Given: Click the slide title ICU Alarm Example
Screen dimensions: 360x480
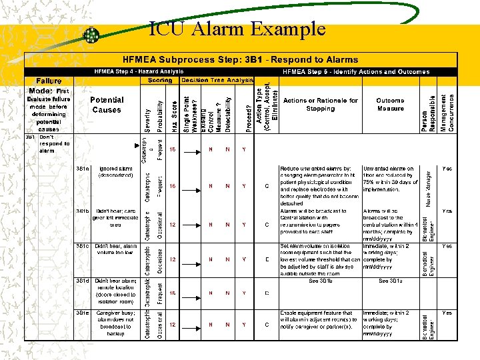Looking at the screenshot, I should pyautogui.click(x=237, y=29).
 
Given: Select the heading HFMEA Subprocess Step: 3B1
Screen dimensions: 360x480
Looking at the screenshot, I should pyautogui.click(x=240, y=59).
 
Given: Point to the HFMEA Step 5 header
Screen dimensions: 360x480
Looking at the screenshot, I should pyautogui.click(x=356, y=71).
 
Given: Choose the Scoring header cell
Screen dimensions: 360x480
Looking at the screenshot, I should pyautogui.click(x=160, y=80).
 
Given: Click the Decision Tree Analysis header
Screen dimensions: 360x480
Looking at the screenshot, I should pyautogui.click(x=217, y=80).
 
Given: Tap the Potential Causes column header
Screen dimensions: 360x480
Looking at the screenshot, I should pyautogui.click(x=107, y=105).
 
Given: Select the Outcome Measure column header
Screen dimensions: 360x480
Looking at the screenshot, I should pyautogui.click(x=390, y=104).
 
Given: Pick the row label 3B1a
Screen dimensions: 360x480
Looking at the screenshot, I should pyautogui.click(x=83, y=169).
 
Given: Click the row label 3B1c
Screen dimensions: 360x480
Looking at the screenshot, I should pyautogui.click(x=83, y=246).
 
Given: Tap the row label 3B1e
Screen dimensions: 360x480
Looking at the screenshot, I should pyautogui.click(x=83, y=312).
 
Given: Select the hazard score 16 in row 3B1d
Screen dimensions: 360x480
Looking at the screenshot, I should pyautogui.click(x=172, y=293).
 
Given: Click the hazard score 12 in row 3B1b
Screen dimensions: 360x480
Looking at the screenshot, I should pyautogui.click(x=172, y=225).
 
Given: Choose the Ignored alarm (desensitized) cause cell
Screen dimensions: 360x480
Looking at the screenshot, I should pyautogui.click(x=114, y=173).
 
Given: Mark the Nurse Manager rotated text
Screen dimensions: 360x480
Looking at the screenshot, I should pyautogui.click(x=428, y=187).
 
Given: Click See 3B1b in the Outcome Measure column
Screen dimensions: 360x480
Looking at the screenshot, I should pyautogui.click(x=390, y=281).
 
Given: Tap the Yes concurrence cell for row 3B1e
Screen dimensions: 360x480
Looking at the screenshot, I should pyautogui.click(x=447, y=312).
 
